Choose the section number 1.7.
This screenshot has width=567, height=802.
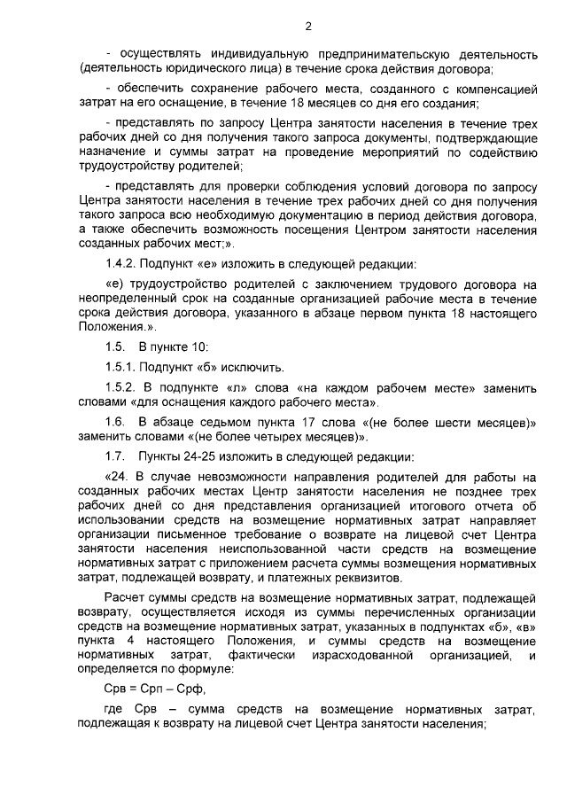pos(114,457)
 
